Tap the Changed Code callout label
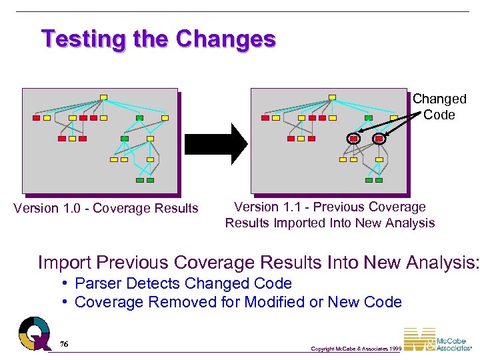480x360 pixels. point(439,107)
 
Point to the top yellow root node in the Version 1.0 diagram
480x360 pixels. point(103,97)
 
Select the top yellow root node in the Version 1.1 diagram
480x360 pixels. point(332,97)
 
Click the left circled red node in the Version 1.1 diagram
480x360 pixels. point(354,139)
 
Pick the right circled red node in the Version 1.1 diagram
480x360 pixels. point(379,139)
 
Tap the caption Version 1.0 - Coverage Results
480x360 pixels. point(106,209)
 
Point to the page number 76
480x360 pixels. point(63,343)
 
